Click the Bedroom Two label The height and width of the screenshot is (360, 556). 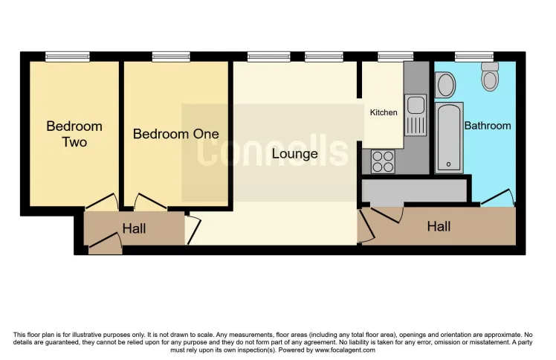74,134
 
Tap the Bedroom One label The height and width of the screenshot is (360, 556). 176,134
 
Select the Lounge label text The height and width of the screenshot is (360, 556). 294,154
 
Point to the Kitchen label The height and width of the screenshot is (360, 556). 384,112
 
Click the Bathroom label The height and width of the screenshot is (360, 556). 488,126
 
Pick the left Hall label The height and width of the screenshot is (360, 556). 134,229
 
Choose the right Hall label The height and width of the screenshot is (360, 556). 438,226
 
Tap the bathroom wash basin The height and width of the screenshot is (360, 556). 446,85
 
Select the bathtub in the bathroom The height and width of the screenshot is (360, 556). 449,138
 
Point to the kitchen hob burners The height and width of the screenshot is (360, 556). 382,161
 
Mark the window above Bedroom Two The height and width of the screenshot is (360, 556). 67,57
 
